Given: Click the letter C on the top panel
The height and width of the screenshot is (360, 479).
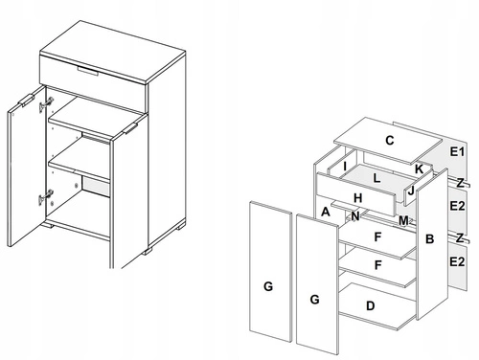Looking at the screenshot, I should click(x=389, y=140).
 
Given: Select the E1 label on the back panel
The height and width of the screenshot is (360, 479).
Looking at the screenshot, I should click(x=457, y=152).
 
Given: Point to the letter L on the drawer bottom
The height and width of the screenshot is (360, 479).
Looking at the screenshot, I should click(x=379, y=178).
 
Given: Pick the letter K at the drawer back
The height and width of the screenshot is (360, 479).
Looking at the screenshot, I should click(x=419, y=169).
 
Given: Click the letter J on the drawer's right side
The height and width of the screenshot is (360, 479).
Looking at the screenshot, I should click(x=410, y=191).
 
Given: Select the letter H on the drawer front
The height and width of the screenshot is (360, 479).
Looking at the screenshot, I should click(x=356, y=198).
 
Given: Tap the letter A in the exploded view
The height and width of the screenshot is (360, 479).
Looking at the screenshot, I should click(x=326, y=212).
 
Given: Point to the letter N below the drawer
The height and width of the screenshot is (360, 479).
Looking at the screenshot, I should click(x=355, y=216).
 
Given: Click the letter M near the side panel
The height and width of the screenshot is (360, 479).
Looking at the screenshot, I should click(x=403, y=221).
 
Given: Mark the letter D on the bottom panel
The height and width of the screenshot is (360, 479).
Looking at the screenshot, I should click(x=370, y=305).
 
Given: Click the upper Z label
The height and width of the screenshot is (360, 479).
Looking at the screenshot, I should click(x=461, y=182).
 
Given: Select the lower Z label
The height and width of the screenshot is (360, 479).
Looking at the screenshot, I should click(x=461, y=236).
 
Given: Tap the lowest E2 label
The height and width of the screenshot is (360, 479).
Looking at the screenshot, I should click(x=457, y=259).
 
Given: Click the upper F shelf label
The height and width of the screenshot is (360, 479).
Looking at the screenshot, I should click(x=378, y=235).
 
